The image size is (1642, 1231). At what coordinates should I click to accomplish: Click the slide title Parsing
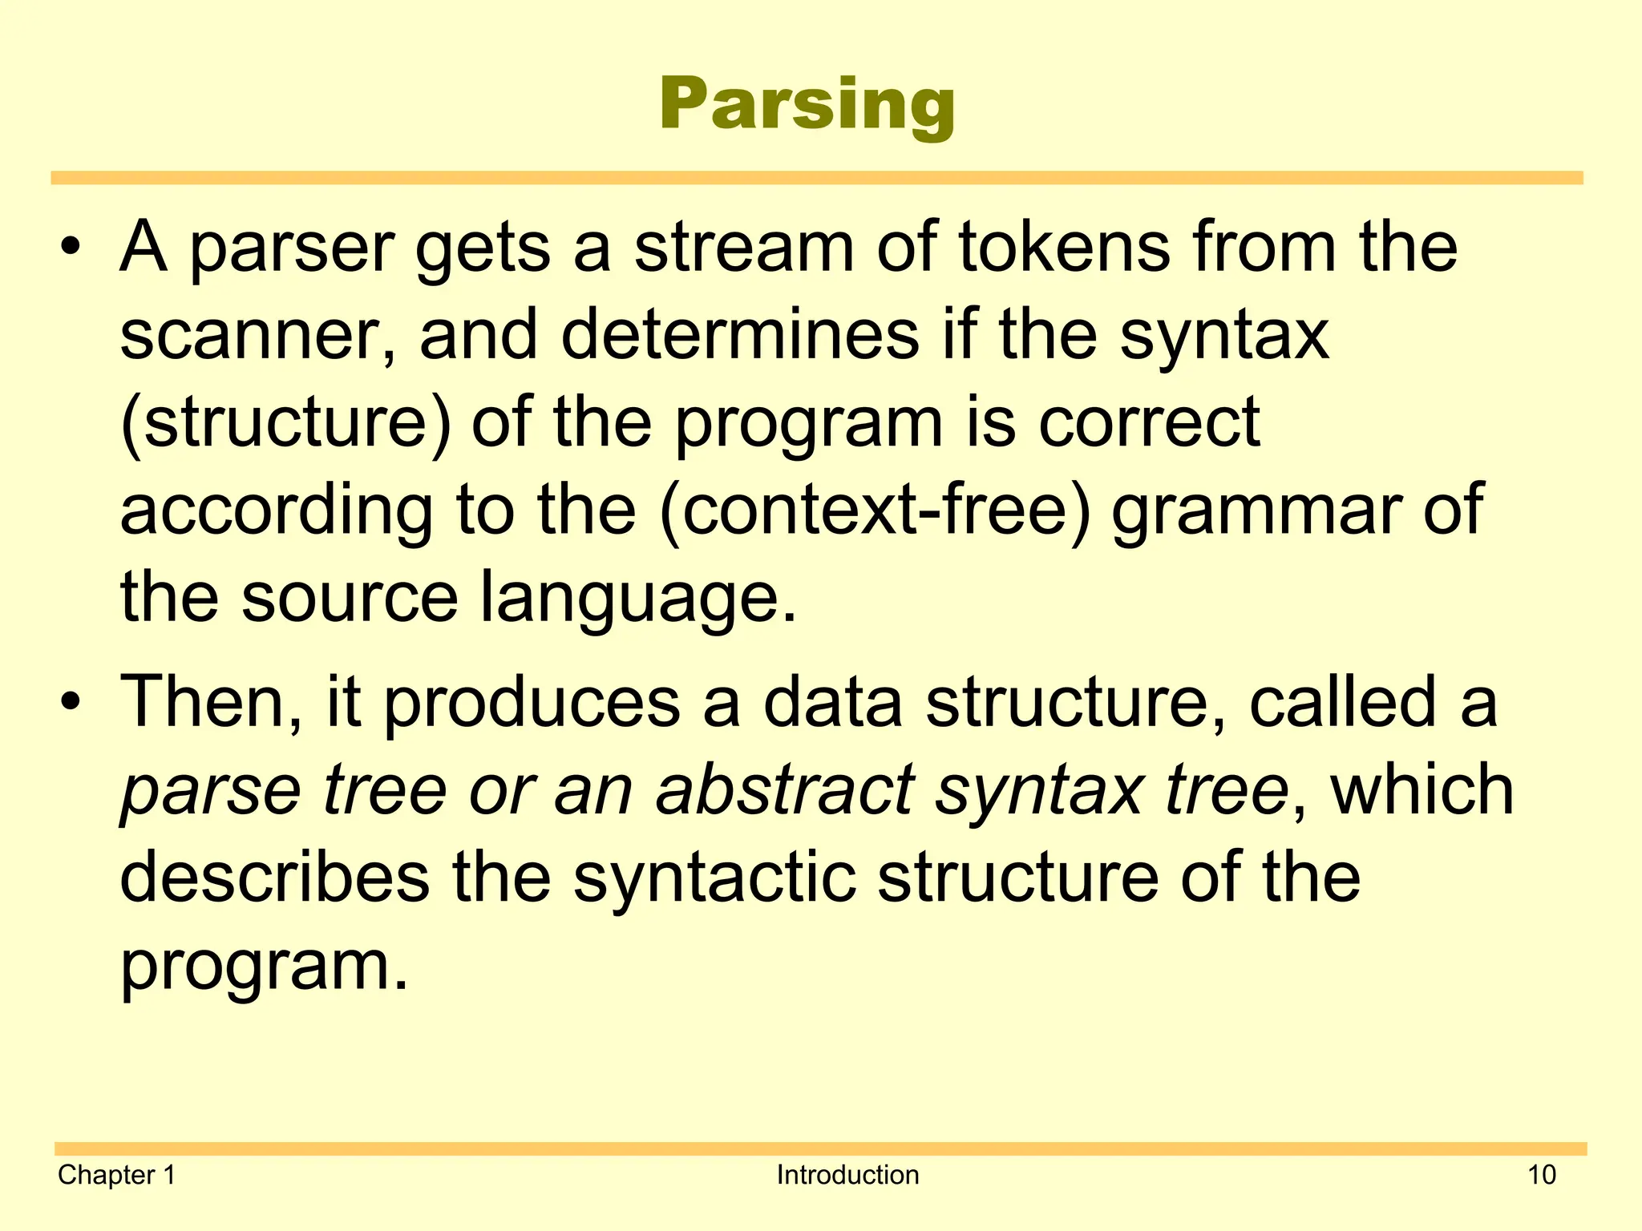[x=807, y=104]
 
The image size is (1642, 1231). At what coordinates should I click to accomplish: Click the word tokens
[x=1066, y=247]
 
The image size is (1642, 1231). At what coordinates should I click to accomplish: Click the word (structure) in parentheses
[x=285, y=423]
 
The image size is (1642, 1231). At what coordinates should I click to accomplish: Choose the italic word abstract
[x=785, y=790]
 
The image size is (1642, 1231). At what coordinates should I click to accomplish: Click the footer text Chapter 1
[x=116, y=1175]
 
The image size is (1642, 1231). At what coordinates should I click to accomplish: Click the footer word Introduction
[x=847, y=1175]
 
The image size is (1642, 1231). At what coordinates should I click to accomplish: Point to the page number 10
[x=1541, y=1175]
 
